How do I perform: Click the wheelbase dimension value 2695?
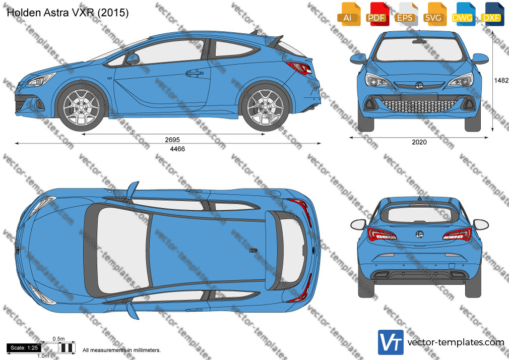tap(172, 140)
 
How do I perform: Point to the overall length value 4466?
tap(177, 149)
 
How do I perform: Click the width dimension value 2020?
tap(419, 142)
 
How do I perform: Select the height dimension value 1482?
tap(501, 80)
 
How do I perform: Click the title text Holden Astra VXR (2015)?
tap(68, 13)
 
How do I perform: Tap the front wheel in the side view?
tap(81, 106)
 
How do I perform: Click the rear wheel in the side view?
tap(265, 106)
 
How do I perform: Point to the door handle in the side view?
tap(194, 73)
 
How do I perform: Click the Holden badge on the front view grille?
tap(419, 85)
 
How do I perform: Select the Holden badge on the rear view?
tap(419, 234)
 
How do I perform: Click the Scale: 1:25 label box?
tap(24, 348)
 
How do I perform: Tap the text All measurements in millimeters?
tap(122, 350)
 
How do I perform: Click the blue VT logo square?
tap(391, 342)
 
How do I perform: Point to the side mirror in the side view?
tap(133, 59)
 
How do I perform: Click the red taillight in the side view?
tap(299, 67)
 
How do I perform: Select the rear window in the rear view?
tap(419, 214)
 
